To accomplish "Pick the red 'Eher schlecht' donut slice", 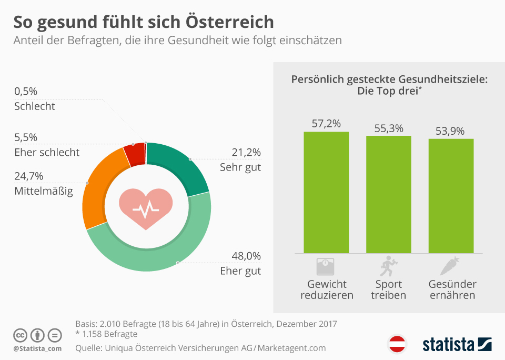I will [134, 153].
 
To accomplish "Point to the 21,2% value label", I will [246, 153].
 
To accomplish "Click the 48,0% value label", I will [246, 256].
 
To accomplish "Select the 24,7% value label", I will [29, 176].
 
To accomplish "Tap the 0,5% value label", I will [26, 92].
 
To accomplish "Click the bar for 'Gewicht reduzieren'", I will [326, 192].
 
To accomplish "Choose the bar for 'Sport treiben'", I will [389, 194].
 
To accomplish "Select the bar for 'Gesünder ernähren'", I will [451, 196].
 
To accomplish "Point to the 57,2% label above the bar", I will [326, 124].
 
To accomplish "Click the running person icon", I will [388, 266].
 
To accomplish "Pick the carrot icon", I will [451, 266].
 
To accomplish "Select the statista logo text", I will [448, 345].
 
